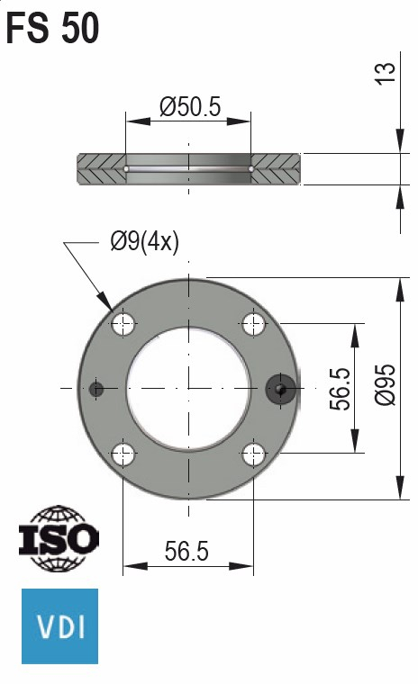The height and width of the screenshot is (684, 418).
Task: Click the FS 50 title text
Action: coord(53,29)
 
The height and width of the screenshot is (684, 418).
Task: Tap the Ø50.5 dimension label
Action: coord(189,107)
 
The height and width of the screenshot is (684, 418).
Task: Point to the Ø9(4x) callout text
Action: coord(144,242)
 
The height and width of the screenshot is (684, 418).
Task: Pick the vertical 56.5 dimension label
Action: coord(339,388)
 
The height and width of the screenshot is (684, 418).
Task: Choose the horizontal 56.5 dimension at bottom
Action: coord(187,552)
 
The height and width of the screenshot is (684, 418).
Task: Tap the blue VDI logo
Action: coord(59,625)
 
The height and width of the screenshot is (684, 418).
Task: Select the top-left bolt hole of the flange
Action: coord(123,322)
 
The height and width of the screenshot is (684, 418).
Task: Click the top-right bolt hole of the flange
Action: coord(254,322)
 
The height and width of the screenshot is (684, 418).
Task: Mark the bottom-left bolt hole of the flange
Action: coord(123,454)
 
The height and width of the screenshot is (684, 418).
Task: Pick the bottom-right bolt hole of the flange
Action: coord(254,454)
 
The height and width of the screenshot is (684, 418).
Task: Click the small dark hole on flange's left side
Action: coord(97,389)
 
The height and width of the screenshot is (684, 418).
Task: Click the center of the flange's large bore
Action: coord(188,388)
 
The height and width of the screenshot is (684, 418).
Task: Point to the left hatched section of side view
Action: coord(102,168)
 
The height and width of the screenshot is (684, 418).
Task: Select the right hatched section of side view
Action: coord(277,168)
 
